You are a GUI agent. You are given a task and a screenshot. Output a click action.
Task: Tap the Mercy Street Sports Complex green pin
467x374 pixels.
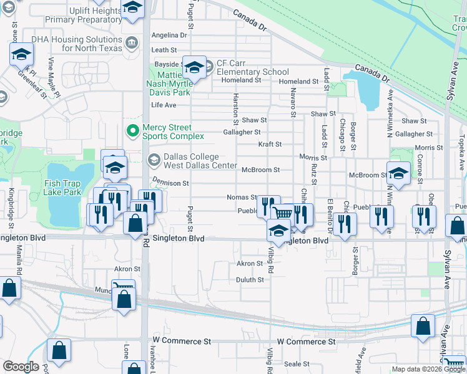[132, 131]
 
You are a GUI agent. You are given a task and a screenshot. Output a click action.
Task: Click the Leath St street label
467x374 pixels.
[164, 50]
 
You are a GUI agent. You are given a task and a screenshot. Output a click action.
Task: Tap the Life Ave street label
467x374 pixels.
[164, 105]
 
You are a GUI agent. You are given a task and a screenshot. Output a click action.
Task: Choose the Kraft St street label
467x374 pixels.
[270, 144]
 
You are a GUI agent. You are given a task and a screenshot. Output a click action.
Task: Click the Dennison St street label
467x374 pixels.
[170, 183]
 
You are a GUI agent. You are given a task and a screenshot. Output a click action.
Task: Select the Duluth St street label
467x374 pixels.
[250, 280]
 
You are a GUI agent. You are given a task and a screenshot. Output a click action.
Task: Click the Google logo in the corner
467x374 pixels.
[21, 367]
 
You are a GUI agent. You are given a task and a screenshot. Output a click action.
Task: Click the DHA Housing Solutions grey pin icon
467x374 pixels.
[132, 43]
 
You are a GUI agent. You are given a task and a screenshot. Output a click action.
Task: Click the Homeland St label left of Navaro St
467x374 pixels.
[241, 80]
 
